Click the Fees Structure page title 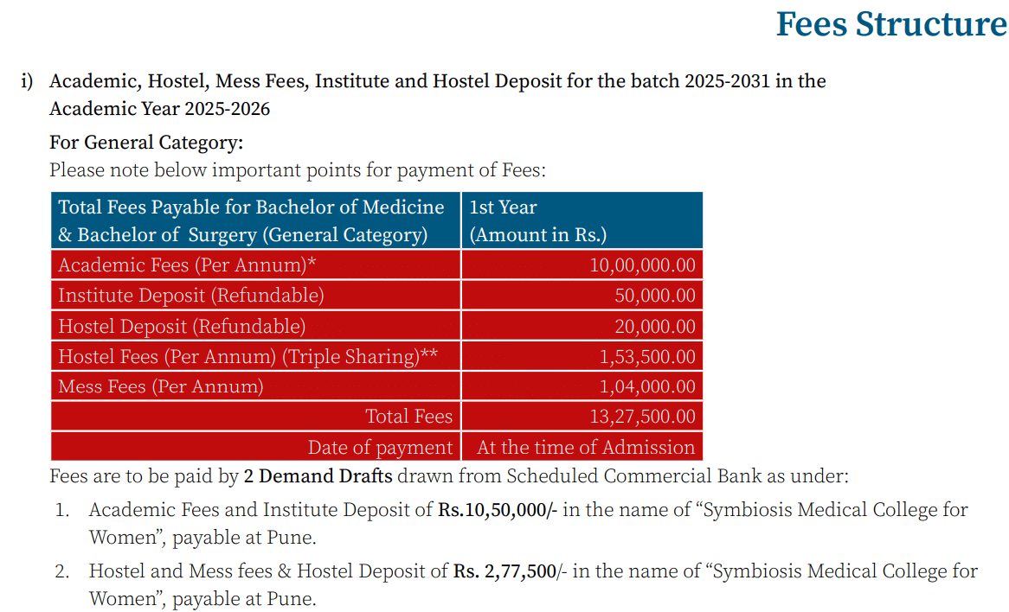pos(890,24)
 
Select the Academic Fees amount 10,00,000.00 pos(642,265)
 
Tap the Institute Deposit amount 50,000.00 pos(655,296)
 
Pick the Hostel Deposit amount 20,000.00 pos(655,327)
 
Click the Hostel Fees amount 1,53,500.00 pos(647,357)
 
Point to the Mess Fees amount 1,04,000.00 pos(647,386)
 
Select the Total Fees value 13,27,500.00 pos(642,417)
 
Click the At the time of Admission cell pos(586,448)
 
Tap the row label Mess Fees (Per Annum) pos(161,386)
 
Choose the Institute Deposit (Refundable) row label pos(191,296)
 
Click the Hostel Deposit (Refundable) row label pos(182,327)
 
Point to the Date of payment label pos(380,448)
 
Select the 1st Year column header pos(503,207)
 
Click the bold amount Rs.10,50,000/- pos(498,510)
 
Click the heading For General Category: pos(146,143)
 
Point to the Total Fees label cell pos(408,417)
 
